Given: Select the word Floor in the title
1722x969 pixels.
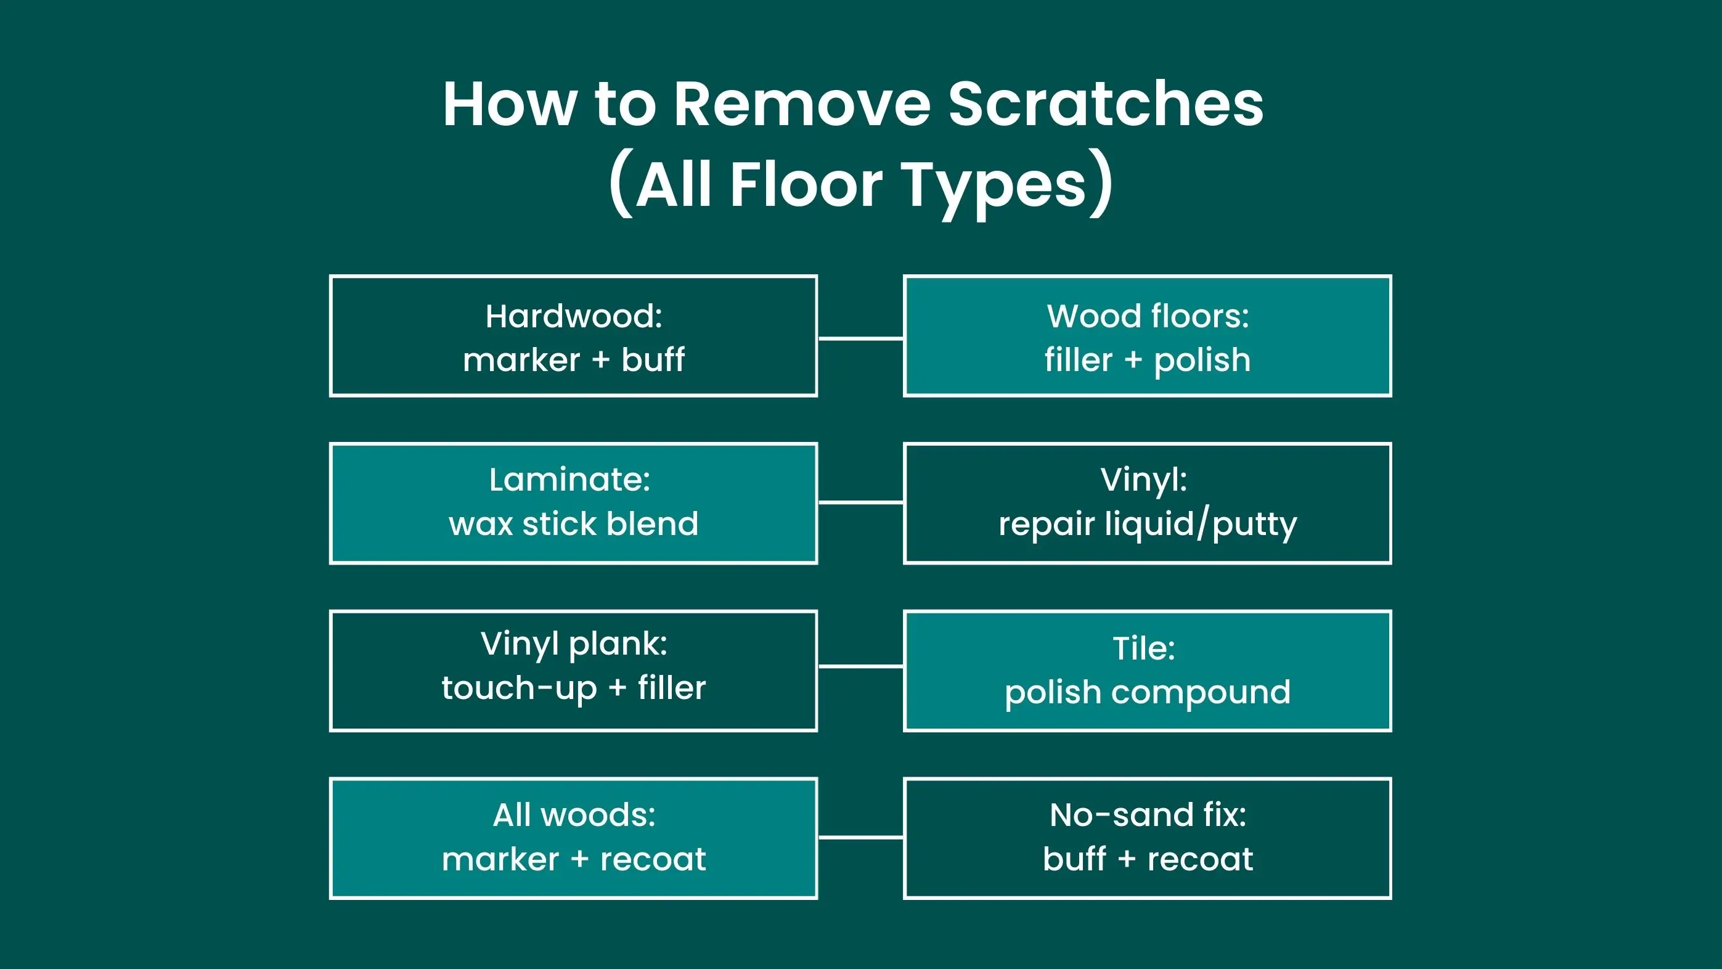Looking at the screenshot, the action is tap(806, 183).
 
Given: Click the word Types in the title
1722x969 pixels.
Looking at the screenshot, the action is tap(995, 187).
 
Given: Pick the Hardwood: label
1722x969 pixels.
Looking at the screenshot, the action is tap(574, 316).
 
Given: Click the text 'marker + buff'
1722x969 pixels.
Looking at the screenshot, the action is tap(574, 360).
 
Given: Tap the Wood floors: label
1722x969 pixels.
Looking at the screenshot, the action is tap(1148, 316).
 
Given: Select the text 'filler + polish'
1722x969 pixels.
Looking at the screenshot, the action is tap(1148, 361).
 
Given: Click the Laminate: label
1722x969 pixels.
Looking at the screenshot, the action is tap(569, 480).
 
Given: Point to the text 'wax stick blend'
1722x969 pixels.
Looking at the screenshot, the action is tap(574, 523).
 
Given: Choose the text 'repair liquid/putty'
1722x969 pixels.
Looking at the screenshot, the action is tap(1148, 525).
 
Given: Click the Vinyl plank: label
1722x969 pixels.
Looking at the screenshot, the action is tap(574, 645).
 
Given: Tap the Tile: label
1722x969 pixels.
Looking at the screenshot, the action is tap(1144, 648).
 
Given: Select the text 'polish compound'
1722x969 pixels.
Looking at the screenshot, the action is tap(1148, 693).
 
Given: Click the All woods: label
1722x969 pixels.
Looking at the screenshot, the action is tap(574, 815).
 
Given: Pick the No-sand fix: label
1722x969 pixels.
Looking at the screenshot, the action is tap(1148, 815).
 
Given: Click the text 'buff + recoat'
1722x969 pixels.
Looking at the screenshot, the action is tap(1148, 859).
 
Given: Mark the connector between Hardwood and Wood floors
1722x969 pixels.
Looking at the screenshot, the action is tap(860, 338).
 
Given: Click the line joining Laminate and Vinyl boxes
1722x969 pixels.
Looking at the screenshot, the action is tap(860, 502).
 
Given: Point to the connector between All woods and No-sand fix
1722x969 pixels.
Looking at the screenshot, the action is tap(860, 836).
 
